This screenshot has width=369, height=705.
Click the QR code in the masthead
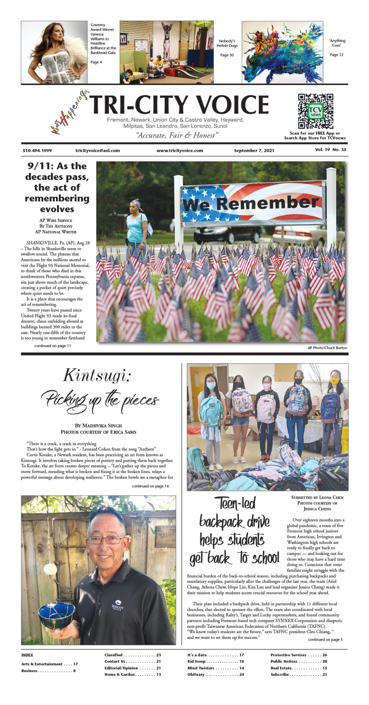click(x=315, y=111)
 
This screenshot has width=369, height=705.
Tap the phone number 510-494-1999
click(x=37, y=150)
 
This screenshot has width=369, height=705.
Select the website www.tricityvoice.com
click(x=180, y=150)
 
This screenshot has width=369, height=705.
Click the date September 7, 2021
click(x=254, y=150)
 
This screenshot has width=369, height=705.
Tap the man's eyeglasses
click(x=105, y=540)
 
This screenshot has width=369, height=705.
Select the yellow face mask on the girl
click(x=334, y=381)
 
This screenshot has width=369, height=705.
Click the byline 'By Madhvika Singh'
click(x=98, y=425)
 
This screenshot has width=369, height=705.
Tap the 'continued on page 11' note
click(x=53, y=346)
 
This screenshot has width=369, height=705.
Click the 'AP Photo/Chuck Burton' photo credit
click(x=327, y=348)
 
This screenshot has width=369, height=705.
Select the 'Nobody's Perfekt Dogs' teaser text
click(x=227, y=43)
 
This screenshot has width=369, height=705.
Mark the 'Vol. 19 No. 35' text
click(x=330, y=150)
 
